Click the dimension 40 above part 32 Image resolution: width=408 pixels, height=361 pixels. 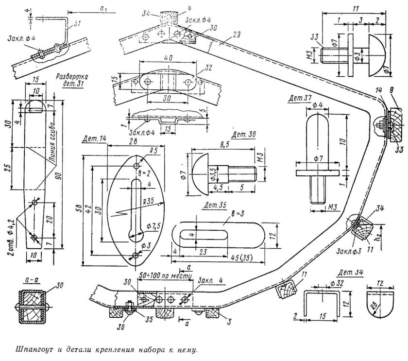tap(168, 57)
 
